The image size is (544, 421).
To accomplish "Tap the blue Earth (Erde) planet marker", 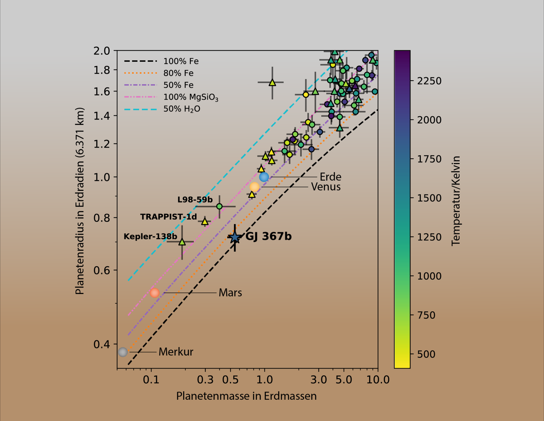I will [264, 177].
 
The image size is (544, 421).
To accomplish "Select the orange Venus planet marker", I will [254, 187].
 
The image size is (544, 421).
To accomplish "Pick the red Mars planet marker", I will [154, 293].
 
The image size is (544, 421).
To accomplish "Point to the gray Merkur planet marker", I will [123, 352].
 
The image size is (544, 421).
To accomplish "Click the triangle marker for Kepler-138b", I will [182, 242].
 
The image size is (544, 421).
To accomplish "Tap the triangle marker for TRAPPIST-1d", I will [205, 222].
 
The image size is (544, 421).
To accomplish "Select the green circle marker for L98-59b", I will [219, 206].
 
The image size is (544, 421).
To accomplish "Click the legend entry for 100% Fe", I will [181, 61].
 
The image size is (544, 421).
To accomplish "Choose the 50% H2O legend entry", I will [182, 109].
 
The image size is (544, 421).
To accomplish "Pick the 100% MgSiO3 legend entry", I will [190, 97].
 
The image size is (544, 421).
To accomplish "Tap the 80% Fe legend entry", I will [178, 73].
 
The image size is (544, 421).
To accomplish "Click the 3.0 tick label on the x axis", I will [318, 380].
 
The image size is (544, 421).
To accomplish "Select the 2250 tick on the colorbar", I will [429, 81].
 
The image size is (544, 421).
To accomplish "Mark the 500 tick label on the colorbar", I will [426, 354].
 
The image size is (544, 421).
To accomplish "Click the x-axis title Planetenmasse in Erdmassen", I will [246, 396].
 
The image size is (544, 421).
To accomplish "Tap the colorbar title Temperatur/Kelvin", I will [456, 201].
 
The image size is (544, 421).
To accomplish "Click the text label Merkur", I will [176, 352].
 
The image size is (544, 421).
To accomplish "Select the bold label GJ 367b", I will [268, 236].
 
